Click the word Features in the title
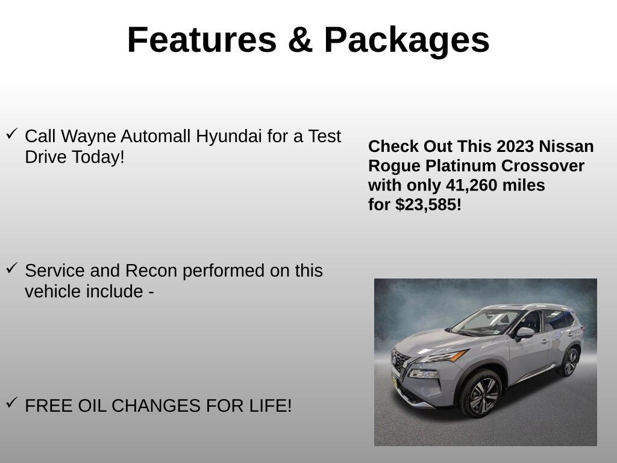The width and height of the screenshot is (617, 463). point(201,40)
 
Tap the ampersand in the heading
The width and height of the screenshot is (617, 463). point(299,40)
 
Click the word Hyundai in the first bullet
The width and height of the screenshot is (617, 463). point(230,137)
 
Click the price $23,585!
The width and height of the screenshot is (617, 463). point(428,205)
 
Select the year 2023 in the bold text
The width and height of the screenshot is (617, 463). point(515,146)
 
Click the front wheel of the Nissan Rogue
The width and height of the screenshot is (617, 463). point(480,394)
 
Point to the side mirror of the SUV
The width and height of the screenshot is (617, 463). point(524,332)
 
